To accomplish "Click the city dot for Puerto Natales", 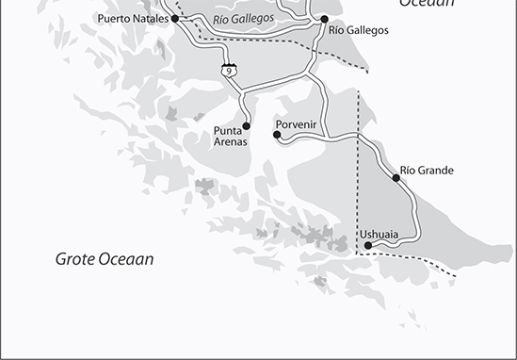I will (175, 18).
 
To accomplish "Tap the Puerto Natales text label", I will (132, 19).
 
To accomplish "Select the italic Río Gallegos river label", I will (244, 20).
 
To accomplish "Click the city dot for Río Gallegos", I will (325, 19).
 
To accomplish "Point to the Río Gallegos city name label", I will (358, 31).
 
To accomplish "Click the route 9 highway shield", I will (230, 70).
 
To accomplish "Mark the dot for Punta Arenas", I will (247, 125).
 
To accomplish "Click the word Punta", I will (228, 130).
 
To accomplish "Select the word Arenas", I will (229, 142).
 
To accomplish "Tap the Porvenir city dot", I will (277, 135).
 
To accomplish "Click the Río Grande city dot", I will (395, 177).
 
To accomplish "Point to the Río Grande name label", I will (427, 171).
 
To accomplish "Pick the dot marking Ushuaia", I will (368, 246).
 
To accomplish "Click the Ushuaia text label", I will (379, 234).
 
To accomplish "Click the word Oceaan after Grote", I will (129, 258).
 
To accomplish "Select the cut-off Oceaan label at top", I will (426, 4).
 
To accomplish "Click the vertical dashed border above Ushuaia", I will (358, 188).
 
